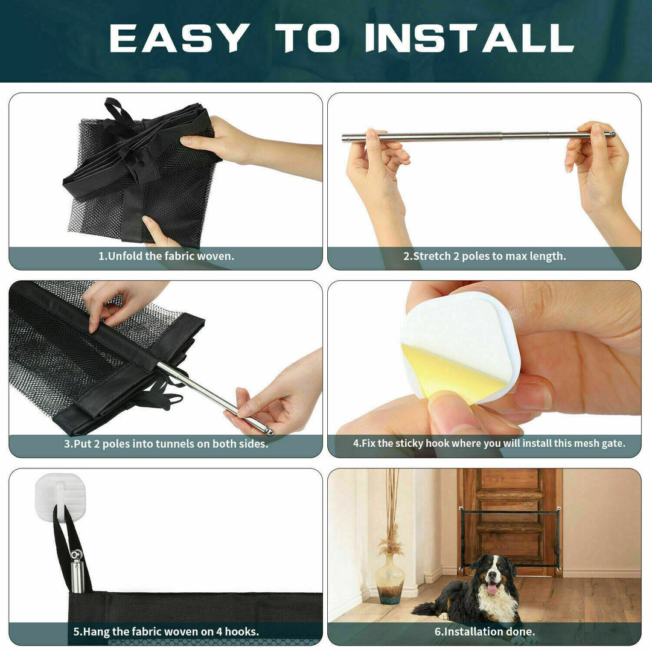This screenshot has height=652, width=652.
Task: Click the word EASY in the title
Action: (179, 38)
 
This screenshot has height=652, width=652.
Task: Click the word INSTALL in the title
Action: (469, 38)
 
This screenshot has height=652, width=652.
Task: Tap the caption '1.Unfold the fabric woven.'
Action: (166, 256)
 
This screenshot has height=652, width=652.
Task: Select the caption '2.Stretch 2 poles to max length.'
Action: (484, 256)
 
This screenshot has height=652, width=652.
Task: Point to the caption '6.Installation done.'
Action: (484, 631)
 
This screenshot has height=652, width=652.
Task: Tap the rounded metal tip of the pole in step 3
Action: (269, 431)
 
